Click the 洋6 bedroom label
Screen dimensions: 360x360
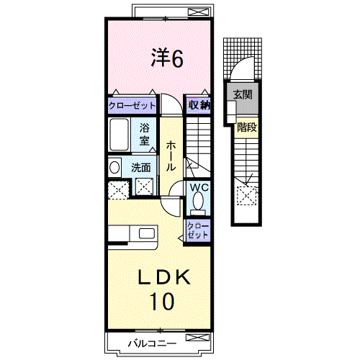(x=167, y=58)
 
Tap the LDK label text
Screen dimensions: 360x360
(x=164, y=277)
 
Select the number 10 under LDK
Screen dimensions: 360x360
(x=162, y=301)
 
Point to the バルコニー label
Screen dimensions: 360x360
(x=152, y=343)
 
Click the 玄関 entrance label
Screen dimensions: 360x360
(x=243, y=94)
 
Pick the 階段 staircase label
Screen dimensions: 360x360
(x=247, y=127)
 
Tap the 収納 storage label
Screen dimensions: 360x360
(x=199, y=105)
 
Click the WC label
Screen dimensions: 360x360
(x=199, y=187)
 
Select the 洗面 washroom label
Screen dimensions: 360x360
(x=141, y=168)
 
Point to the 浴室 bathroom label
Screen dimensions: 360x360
(x=145, y=134)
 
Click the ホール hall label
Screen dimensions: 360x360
(x=171, y=156)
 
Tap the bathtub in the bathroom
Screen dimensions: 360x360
(x=119, y=135)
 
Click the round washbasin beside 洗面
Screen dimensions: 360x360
(x=114, y=167)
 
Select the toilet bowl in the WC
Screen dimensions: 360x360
(x=198, y=201)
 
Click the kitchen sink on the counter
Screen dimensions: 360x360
(x=147, y=233)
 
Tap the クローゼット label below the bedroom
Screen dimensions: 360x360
(x=132, y=106)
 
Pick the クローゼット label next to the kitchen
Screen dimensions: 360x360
(x=198, y=230)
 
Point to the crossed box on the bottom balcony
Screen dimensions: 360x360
(x=197, y=338)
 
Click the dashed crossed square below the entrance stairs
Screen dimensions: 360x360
(x=247, y=196)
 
